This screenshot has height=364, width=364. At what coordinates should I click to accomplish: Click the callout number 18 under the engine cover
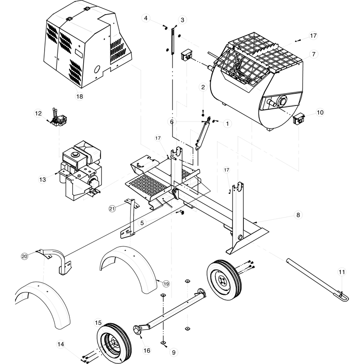click(x=80, y=96)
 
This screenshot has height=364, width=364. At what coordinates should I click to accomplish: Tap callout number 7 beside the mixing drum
click(x=313, y=54)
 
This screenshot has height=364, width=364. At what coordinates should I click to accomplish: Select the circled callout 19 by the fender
click(x=166, y=283)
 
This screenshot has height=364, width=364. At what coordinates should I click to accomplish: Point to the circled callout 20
click(x=25, y=256)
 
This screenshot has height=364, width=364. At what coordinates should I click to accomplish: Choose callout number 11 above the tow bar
click(x=342, y=272)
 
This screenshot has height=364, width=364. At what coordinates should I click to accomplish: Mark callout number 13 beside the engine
click(x=42, y=180)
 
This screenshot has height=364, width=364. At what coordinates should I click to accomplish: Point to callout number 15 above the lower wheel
click(x=98, y=323)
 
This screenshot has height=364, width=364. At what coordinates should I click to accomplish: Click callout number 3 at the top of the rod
click(x=182, y=20)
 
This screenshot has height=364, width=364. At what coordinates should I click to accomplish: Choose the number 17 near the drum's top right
click(x=313, y=35)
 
